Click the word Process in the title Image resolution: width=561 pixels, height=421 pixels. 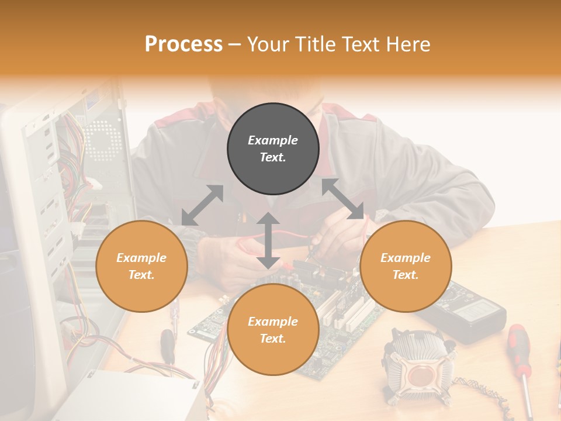183,44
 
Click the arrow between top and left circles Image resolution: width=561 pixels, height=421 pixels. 202,205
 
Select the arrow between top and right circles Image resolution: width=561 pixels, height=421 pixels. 342,199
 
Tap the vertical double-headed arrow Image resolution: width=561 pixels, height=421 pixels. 268,240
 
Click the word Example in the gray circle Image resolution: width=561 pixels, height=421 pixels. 273,140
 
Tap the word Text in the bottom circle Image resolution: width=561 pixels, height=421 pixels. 272,339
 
